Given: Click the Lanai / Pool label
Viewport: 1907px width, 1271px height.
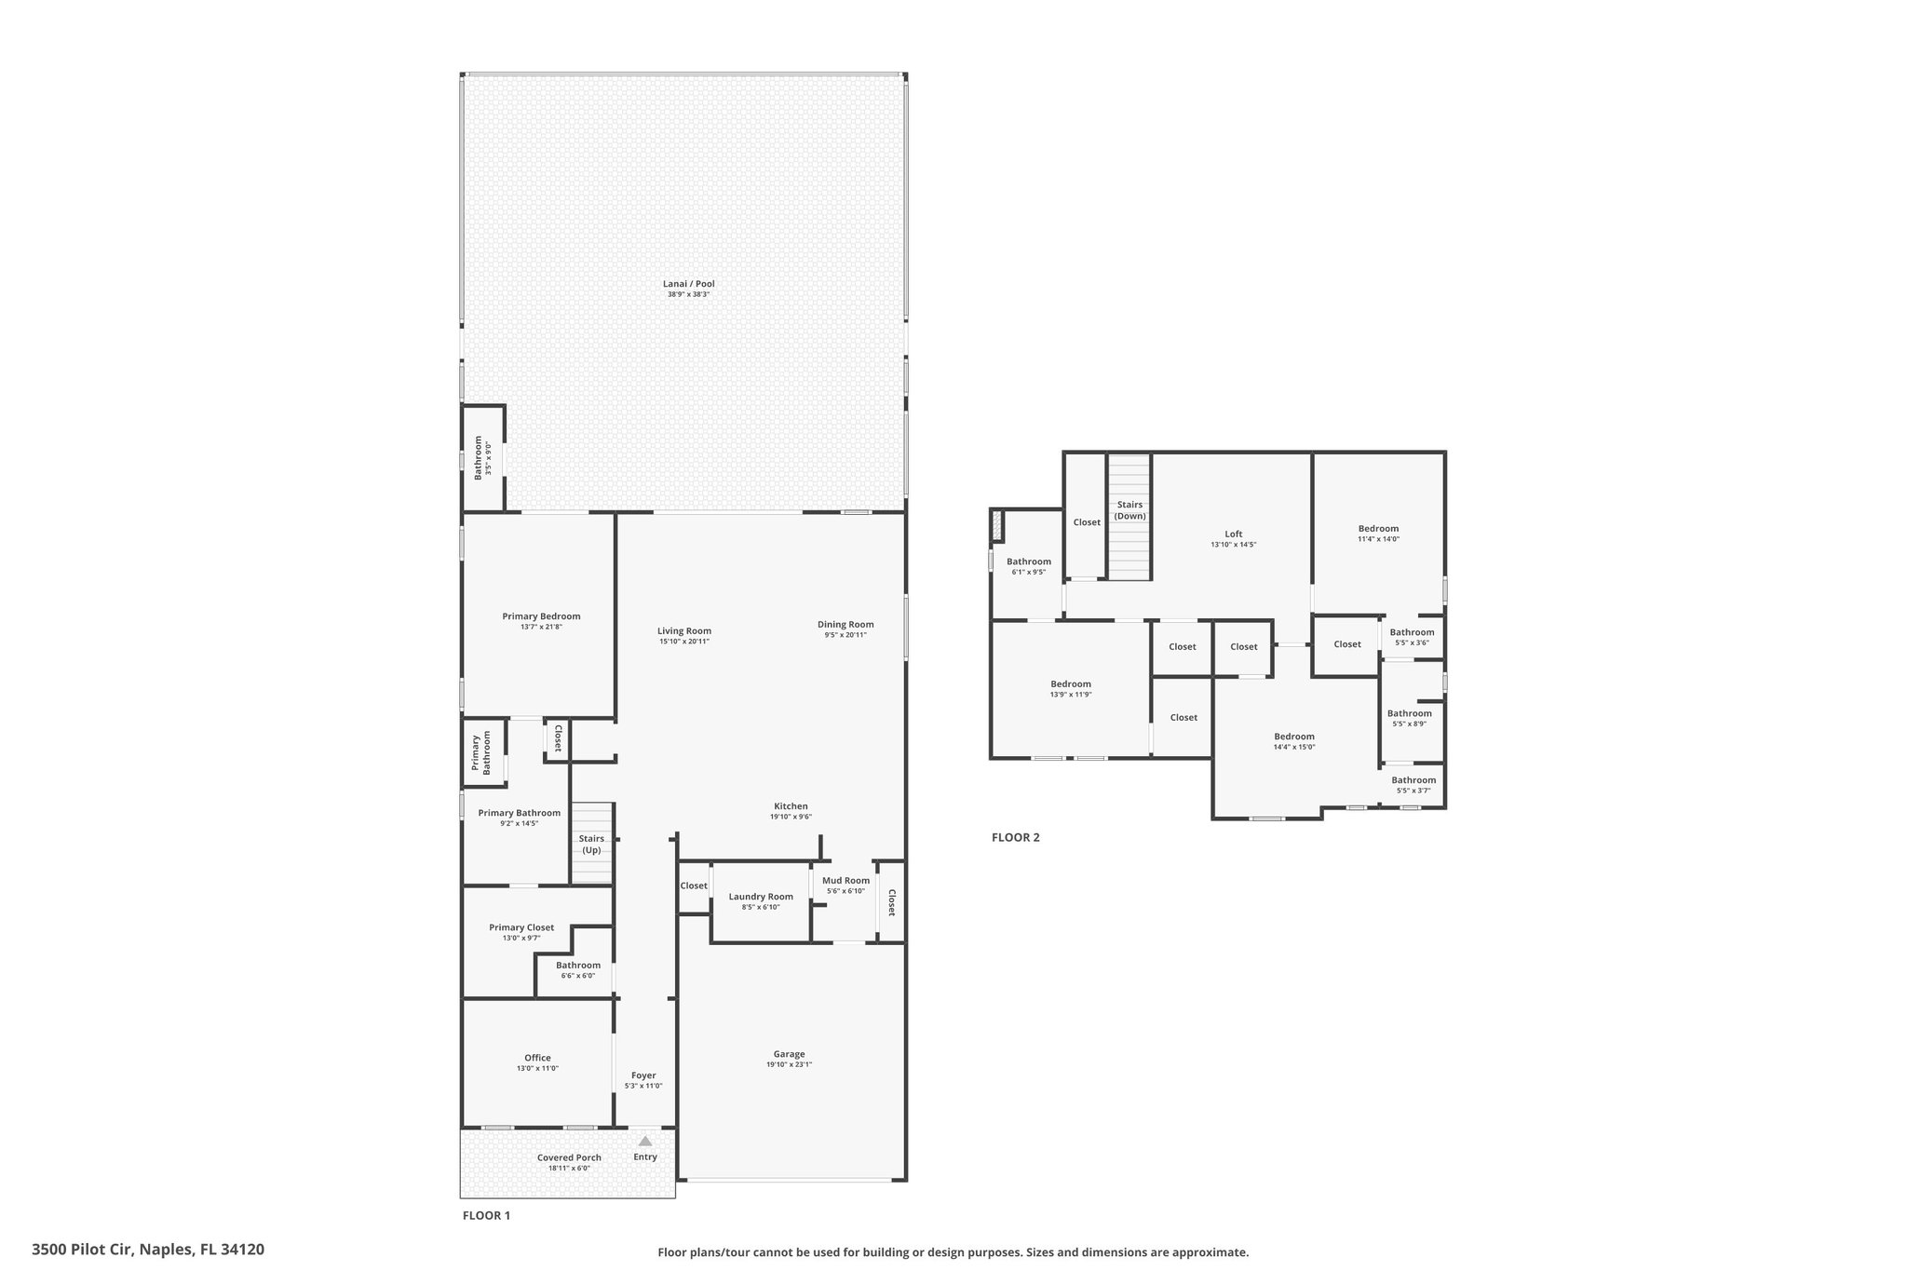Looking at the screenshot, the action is [689, 284].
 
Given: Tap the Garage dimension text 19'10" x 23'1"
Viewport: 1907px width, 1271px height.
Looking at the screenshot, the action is [789, 1064].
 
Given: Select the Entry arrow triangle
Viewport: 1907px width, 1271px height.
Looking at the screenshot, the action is [645, 1141].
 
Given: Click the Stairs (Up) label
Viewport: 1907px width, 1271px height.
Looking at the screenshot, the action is [591, 845].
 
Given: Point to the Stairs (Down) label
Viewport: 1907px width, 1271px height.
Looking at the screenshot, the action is [1130, 510].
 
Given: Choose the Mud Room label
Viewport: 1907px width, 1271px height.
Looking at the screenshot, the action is [846, 880].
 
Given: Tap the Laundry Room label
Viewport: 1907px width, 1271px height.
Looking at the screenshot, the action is [761, 897].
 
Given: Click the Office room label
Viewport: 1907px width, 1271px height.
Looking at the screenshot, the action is [537, 1058].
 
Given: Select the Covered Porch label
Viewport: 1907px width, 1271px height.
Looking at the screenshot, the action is [569, 1157].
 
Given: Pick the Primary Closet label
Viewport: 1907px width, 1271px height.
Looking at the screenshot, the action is [521, 927].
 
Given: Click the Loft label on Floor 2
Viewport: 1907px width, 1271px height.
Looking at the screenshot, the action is [1234, 534].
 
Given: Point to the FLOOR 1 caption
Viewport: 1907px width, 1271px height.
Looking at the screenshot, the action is [487, 1215].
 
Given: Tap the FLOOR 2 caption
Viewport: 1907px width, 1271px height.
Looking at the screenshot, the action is [1016, 837].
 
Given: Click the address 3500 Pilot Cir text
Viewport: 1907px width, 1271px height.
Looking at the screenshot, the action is [83, 1249].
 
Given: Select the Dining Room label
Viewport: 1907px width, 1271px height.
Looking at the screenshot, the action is [845, 625].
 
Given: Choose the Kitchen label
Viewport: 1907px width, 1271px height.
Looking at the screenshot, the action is [791, 806].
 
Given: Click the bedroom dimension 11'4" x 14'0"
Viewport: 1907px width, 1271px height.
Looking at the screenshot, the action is [1378, 539].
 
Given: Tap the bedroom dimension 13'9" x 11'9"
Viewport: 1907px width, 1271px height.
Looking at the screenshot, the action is [1071, 695].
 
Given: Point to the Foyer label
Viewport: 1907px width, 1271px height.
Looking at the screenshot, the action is [643, 1075].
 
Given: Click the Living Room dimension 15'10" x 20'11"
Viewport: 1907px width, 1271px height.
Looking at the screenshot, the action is [684, 642].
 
